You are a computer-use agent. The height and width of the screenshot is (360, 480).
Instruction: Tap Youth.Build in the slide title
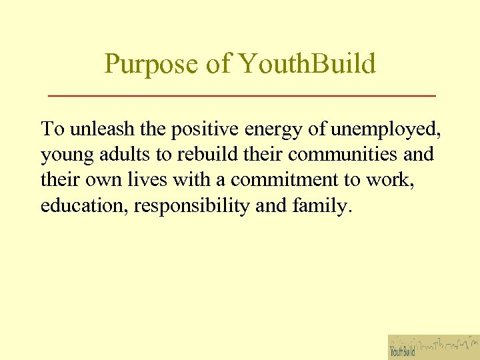point(307,65)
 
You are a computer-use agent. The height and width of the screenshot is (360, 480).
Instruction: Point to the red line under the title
point(242,97)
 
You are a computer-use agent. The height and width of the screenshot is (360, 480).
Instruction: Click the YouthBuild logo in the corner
point(433,347)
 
